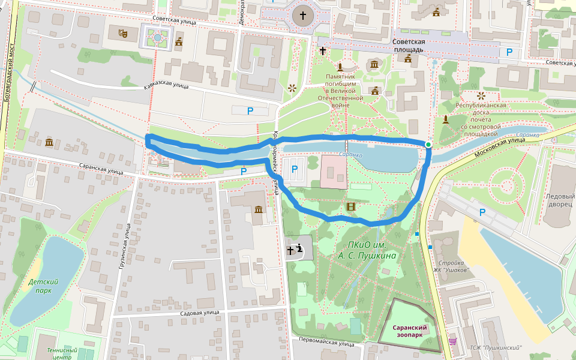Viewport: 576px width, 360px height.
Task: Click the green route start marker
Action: click(x=428, y=145)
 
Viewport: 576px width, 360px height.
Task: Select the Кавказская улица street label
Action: click(x=166, y=86)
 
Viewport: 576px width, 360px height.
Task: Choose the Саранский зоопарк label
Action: click(x=410, y=331)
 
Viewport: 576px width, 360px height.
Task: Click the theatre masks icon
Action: click(x=122, y=34)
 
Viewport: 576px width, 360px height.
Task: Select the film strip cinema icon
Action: click(x=350, y=207)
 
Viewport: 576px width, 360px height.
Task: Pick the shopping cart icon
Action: click(x=452, y=341)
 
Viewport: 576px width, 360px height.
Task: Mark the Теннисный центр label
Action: click(x=62, y=353)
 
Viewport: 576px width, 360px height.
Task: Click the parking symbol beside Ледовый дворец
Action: click(x=484, y=212)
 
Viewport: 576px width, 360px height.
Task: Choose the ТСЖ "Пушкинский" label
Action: click(x=496, y=347)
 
